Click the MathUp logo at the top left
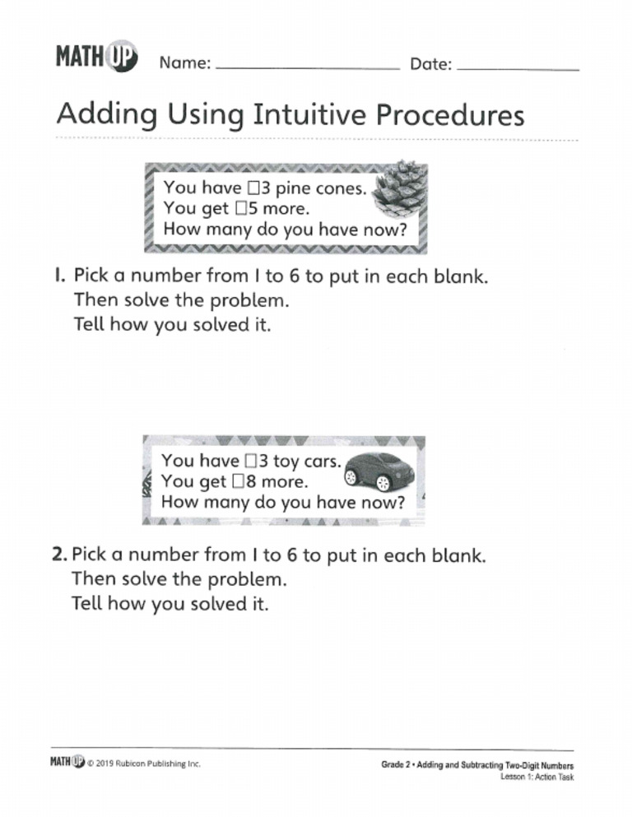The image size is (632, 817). (95, 59)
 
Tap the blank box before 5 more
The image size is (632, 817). (241, 209)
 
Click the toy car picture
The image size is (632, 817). (378, 471)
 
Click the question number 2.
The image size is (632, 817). (60, 555)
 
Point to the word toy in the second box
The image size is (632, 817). (289, 461)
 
